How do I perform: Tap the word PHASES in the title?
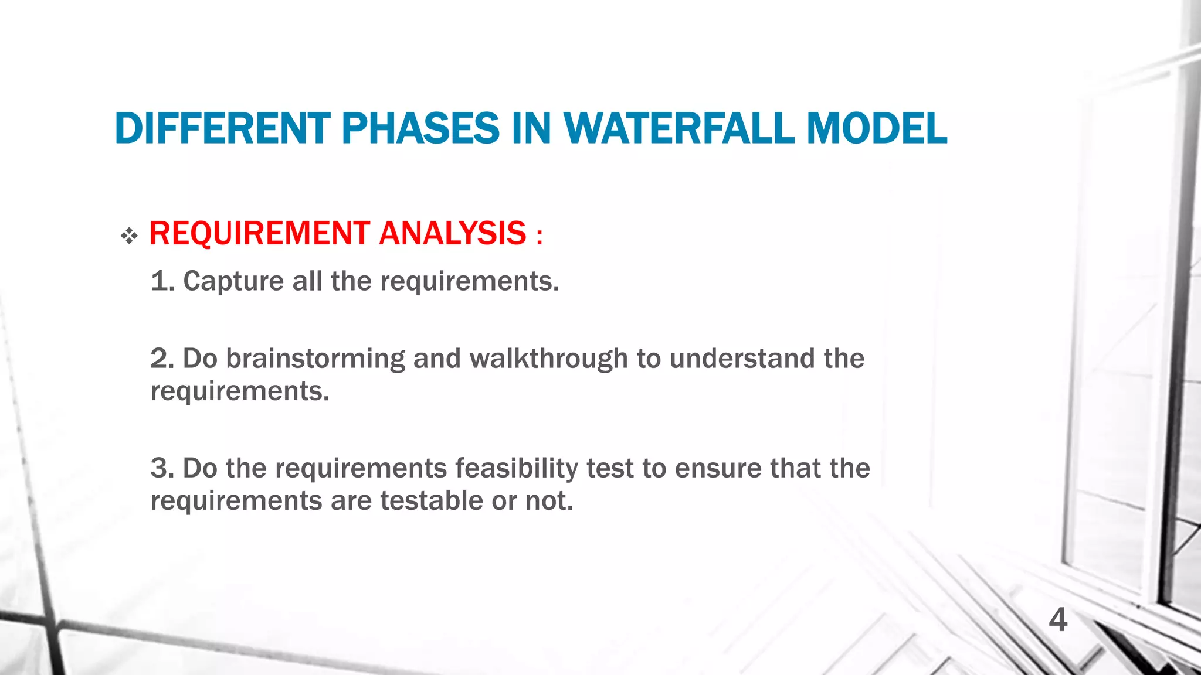click(420, 128)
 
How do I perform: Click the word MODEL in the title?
click(877, 128)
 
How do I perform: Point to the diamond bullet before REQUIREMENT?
click(129, 236)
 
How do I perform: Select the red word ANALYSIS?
click(453, 233)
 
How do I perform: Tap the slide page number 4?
click(1057, 620)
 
